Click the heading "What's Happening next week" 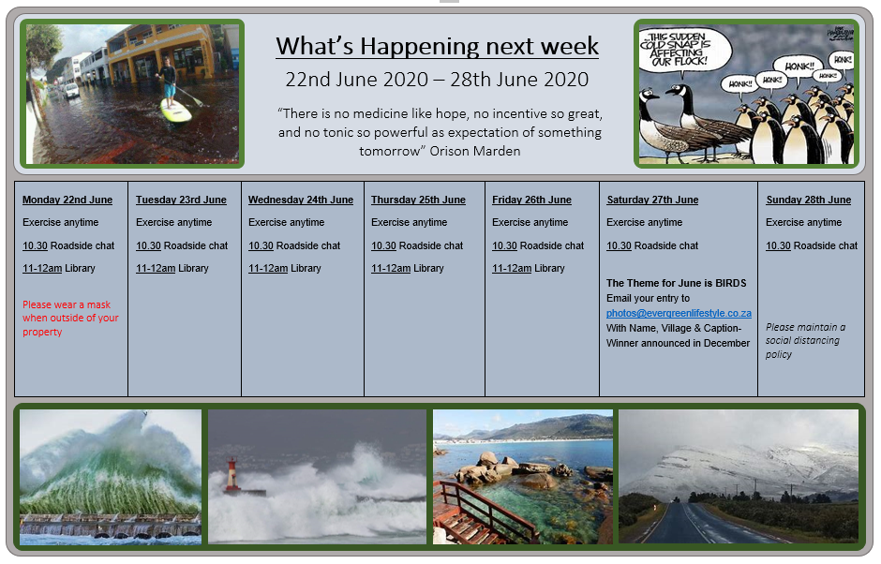click(437, 46)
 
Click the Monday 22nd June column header click(67, 200)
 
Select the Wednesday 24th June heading click(301, 200)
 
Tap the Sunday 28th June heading click(809, 200)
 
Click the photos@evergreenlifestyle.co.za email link click(679, 314)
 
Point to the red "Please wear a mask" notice click(70, 318)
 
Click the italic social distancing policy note click(805, 340)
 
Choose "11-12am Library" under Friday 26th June click(529, 269)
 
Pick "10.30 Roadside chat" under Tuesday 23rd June click(182, 245)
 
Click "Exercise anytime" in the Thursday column click(409, 222)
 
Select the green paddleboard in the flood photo click(175, 111)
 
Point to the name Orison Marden click(475, 151)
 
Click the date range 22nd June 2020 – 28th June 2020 click(437, 80)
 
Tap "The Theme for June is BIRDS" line click(677, 283)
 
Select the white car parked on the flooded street click(71, 91)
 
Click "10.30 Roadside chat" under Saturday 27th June click(651, 245)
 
